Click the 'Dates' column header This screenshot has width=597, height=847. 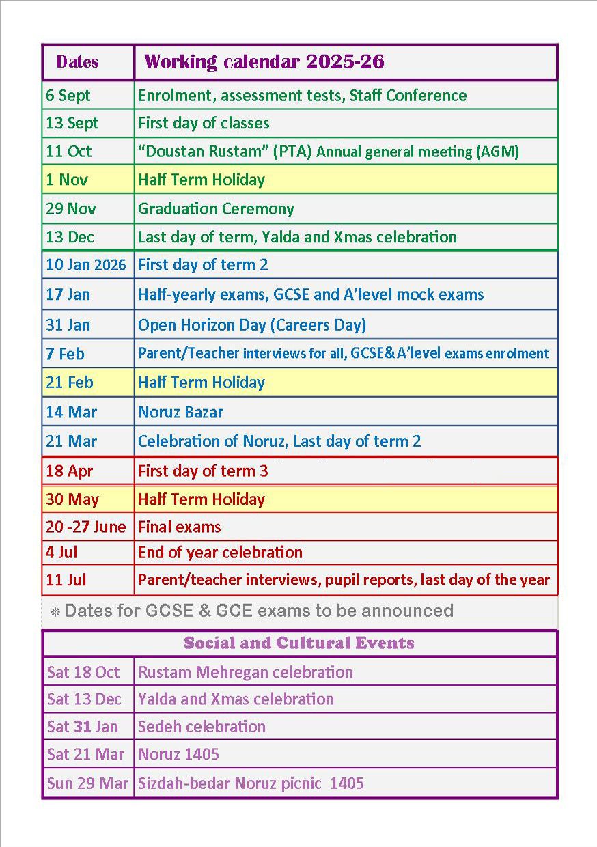point(77,62)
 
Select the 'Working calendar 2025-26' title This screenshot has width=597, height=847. point(264,62)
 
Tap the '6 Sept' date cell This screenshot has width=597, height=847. point(68,96)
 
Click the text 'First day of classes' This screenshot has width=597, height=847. point(204,124)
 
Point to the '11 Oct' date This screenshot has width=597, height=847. point(68,152)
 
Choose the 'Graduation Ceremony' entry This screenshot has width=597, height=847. point(216,209)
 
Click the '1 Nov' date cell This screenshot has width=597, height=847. point(66,180)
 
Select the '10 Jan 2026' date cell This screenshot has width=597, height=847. point(86,265)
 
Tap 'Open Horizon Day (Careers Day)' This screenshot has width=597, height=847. point(252,325)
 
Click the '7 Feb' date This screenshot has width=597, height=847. point(66,354)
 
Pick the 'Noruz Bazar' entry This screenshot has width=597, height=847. point(180,413)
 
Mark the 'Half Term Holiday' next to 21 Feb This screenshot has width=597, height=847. point(202,383)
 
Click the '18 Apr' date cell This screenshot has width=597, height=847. point(69,471)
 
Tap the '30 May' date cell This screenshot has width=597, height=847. point(72,499)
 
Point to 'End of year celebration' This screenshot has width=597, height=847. point(220,553)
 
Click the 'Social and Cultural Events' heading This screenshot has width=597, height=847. point(299,643)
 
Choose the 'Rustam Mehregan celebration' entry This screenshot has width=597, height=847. point(245,672)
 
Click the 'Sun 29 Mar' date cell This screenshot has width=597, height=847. point(87,783)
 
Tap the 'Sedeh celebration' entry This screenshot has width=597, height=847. point(202,727)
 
